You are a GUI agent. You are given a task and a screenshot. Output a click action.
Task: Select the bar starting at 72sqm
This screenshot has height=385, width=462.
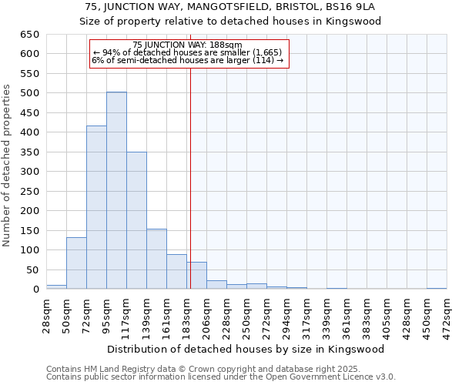(96, 207)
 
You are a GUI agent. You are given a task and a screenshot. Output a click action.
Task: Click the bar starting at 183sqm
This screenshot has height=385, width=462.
(196, 276)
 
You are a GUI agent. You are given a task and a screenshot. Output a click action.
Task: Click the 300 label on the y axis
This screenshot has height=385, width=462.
(29, 172)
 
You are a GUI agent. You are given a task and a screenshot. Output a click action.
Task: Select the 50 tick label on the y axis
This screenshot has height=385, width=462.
(32, 269)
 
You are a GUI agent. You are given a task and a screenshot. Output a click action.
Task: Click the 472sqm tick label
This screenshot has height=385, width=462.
(447, 314)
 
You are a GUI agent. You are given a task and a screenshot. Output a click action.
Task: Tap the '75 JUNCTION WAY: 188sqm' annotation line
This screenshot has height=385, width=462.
(187, 45)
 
